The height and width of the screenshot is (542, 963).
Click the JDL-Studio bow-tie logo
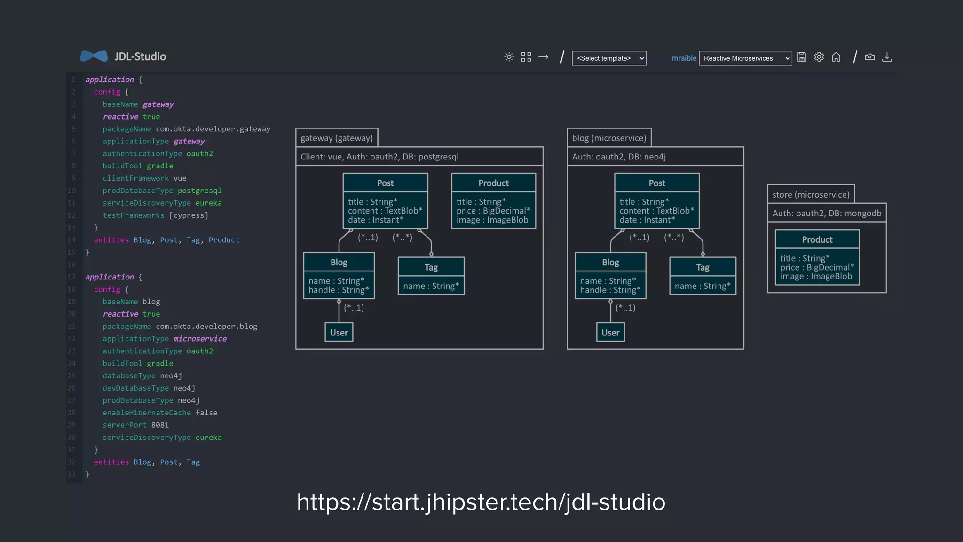pyautogui.click(x=94, y=56)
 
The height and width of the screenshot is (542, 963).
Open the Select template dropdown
pyautogui.click(x=609, y=58)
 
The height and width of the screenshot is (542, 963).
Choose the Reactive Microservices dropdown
pyautogui.click(x=745, y=58)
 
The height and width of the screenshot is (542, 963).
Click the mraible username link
pyautogui.click(x=684, y=58)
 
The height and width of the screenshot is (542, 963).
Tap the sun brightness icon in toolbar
pyautogui.click(x=509, y=57)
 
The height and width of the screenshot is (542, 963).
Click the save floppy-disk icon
pyautogui.click(x=802, y=57)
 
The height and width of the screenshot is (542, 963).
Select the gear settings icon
pyautogui.click(x=819, y=57)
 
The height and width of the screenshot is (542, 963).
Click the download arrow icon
pyautogui.click(x=887, y=57)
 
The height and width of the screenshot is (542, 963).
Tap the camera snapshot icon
pyautogui.click(x=870, y=57)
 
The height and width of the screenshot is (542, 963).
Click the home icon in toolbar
pyautogui.click(x=836, y=57)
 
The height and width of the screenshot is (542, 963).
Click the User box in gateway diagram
pyautogui.click(x=339, y=333)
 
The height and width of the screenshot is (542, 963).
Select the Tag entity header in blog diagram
pyautogui.click(x=703, y=267)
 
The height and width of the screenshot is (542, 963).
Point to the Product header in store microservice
pyautogui.click(x=817, y=239)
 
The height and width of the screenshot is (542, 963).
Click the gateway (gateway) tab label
pyautogui.click(x=337, y=138)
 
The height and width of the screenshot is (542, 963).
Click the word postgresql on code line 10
pyautogui.click(x=199, y=191)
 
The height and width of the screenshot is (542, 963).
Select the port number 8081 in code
pyautogui.click(x=160, y=425)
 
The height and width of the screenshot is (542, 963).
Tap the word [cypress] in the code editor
pyautogui.click(x=189, y=215)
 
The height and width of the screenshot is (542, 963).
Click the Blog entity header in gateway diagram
pyautogui.click(x=339, y=262)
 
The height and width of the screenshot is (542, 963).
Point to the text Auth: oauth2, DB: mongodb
pyautogui.click(x=827, y=213)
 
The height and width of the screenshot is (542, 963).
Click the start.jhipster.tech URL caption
pyautogui.click(x=481, y=502)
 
